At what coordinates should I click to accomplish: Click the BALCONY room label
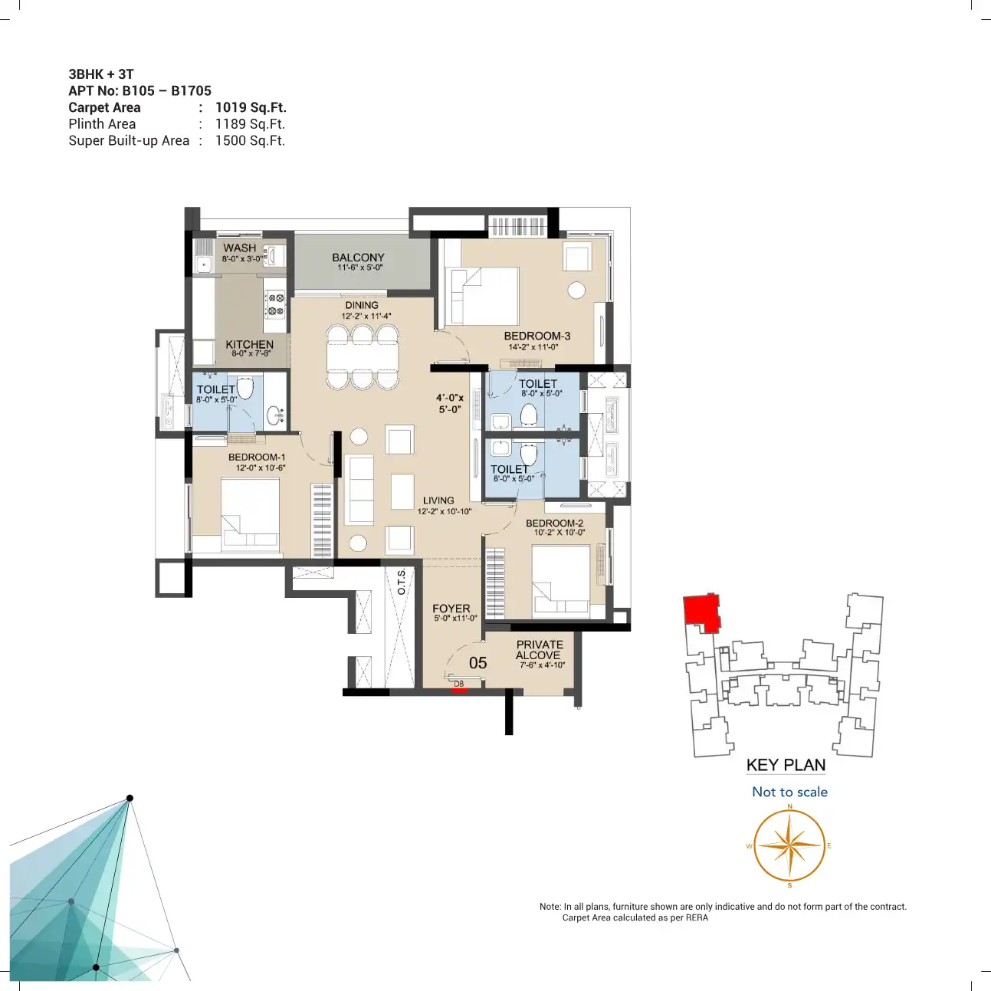(x=358, y=257)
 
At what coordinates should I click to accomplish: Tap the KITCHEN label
(x=249, y=345)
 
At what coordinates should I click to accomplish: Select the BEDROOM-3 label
(x=537, y=336)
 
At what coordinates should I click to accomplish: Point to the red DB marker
(x=459, y=690)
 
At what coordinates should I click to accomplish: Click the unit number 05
(x=477, y=663)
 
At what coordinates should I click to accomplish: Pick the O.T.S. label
(x=402, y=582)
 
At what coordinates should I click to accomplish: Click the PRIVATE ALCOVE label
(x=540, y=649)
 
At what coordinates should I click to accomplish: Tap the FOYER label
(x=451, y=609)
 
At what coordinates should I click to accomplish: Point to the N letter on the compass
(x=790, y=806)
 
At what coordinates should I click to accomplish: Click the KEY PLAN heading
(x=786, y=765)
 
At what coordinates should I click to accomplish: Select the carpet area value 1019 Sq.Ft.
(x=251, y=107)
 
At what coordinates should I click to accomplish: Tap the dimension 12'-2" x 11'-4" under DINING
(x=366, y=317)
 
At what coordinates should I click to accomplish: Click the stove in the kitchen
(x=275, y=304)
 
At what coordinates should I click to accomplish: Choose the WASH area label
(x=240, y=248)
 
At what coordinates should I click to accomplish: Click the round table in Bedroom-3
(x=576, y=290)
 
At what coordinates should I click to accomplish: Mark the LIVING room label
(x=438, y=500)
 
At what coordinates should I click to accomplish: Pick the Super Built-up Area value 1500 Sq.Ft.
(x=250, y=140)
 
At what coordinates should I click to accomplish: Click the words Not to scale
(x=789, y=792)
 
